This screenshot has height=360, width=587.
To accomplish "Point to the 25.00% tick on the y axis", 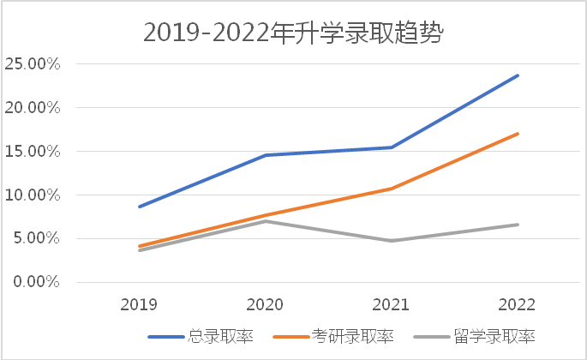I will [32, 64].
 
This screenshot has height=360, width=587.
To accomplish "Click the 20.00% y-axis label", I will [32, 108].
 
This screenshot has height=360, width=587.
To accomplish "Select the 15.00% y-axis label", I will [32, 152].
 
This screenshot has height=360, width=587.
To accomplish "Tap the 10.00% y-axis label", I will [32, 195].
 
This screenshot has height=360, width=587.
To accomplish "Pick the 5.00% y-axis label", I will [36, 239].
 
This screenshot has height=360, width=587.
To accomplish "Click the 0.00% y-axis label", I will [36, 282].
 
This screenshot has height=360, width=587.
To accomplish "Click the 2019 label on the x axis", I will [138, 304].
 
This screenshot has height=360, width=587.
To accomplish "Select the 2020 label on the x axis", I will [264, 304].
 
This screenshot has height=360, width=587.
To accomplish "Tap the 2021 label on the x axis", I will [390, 304].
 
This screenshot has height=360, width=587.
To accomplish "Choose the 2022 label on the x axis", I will [517, 304].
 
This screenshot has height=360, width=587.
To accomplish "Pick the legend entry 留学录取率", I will [486, 336].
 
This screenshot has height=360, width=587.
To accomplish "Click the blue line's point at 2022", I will [518, 75].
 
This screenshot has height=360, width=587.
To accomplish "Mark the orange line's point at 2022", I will [518, 134].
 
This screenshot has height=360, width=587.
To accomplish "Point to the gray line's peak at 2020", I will [265, 221].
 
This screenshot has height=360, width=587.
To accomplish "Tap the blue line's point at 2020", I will [265, 155].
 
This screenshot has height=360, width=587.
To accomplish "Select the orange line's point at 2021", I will [391, 189].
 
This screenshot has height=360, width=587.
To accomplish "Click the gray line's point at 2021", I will [391, 241].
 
